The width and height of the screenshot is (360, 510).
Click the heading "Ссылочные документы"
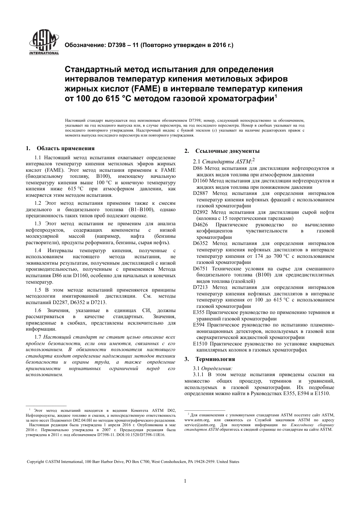[x=227, y=151]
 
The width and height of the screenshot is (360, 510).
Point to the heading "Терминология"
[x=215, y=359]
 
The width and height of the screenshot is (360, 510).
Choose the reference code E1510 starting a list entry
[x=199, y=344]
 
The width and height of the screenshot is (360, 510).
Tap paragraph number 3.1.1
[x=199, y=375]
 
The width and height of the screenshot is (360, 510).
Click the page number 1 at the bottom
[x=185, y=482]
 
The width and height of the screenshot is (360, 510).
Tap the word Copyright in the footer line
[x=36, y=461]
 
